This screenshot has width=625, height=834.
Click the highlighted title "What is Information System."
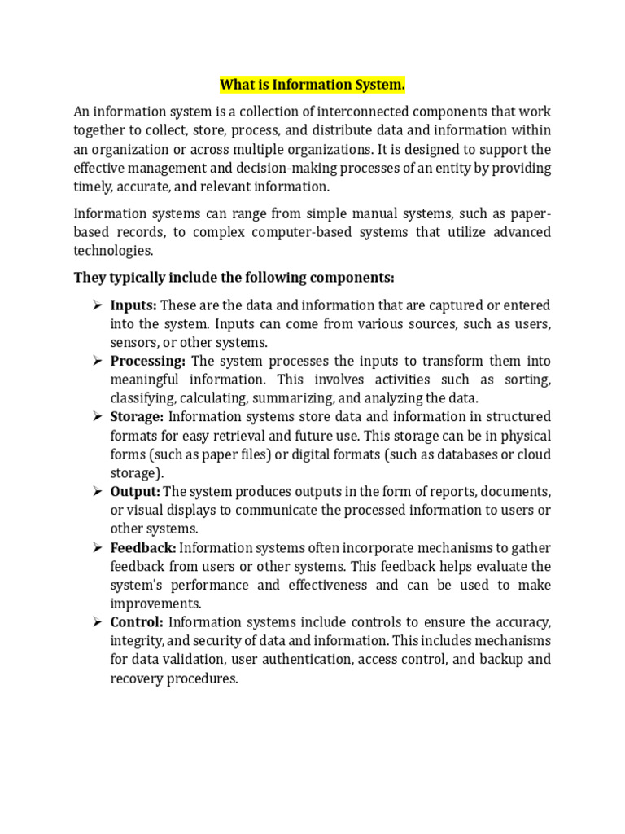pos(312,86)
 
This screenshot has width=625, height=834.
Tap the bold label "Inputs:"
pos(133,305)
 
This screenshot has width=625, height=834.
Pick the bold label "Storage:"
pos(137,417)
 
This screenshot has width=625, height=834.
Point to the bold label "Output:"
pos(135,492)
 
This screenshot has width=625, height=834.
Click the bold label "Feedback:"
pos(143,548)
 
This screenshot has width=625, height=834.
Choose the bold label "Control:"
pos(137,623)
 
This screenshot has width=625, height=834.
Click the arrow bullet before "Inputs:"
pos(96,305)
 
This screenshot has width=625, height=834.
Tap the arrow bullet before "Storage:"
pos(96,417)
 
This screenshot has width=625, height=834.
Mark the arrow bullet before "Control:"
pos(96,623)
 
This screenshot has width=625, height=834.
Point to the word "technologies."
pos(113,251)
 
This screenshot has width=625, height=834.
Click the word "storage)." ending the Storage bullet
pos(136,473)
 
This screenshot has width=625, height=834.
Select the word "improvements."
pos(156,604)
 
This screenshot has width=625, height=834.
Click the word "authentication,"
pos(306,661)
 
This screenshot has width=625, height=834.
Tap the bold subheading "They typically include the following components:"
pos(234,278)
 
